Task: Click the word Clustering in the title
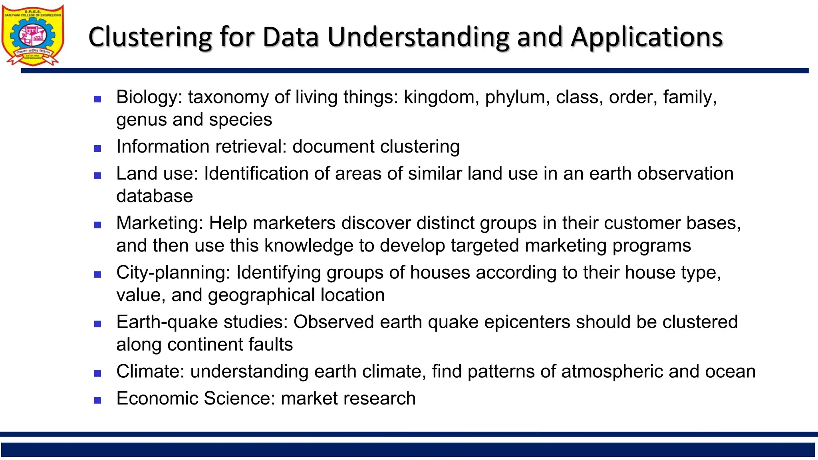pyautogui.click(x=150, y=37)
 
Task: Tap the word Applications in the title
pyautogui.click(x=647, y=37)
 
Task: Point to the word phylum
pyautogui.click(x=514, y=97)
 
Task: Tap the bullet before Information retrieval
pyautogui.click(x=97, y=149)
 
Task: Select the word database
pyautogui.click(x=155, y=196)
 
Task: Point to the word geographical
pyautogui.click(x=261, y=295)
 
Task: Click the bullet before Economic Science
pyautogui.click(x=97, y=400)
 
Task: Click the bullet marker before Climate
pyautogui.click(x=97, y=373)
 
